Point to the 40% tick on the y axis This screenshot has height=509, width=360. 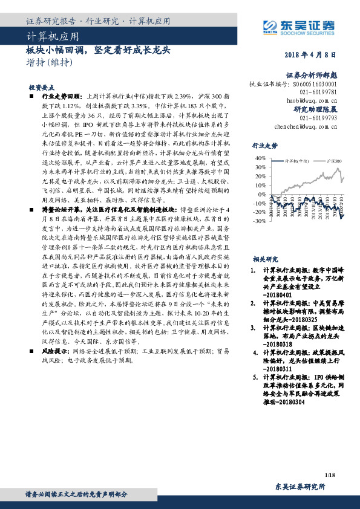click(x=261, y=158)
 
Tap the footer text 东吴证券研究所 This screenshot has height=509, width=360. click(x=300, y=487)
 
